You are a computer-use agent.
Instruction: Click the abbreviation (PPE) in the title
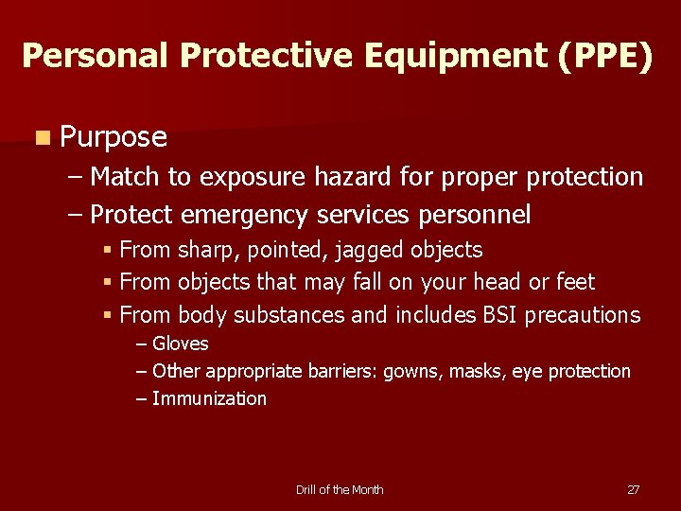[x=604, y=56]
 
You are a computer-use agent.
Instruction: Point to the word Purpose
[x=113, y=138]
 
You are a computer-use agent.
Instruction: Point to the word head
[x=508, y=282]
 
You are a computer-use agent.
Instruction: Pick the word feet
[x=576, y=282]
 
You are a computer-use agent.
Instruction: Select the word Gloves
[x=180, y=344]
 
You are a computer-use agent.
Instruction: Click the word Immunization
[x=209, y=398]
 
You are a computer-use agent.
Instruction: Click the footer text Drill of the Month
[x=340, y=489]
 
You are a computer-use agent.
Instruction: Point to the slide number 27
[x=633, y=489]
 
